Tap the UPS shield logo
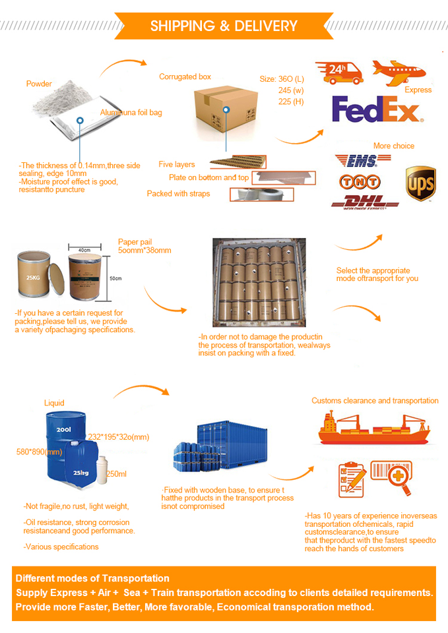pyautogui.click(x=420, y=183)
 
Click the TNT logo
pyautogui.click(x=359, y=181)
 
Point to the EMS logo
pyautogui.click(x=356, y=160)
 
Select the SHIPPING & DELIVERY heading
pyautogui.click(x=224, y=26)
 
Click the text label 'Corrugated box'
pyautogui.click(x=185, y=77)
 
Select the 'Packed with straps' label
pyautogui.click(x=178, y=194)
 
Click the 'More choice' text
pyautogui.click(x=394, y=146)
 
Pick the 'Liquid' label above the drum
pyautogui.click(x=54, y=403)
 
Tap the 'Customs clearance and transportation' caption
pyautogui.click(x=375, y=400)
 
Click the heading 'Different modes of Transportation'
pyautogui.click(x=92, y=578)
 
